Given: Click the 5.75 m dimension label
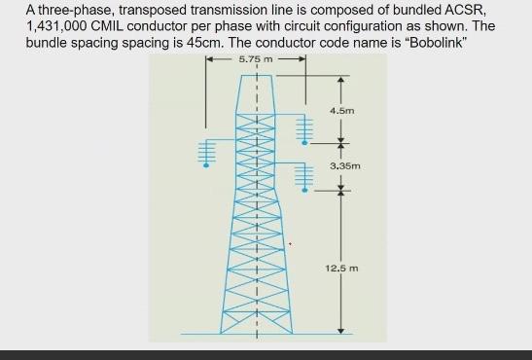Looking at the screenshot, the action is (256, 59).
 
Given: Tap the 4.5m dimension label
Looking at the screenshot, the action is (341, 111).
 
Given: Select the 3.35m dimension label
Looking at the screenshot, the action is (345, 166).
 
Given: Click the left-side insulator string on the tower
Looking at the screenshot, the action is (205, 151).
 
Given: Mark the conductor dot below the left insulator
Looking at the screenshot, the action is (205, 165).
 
